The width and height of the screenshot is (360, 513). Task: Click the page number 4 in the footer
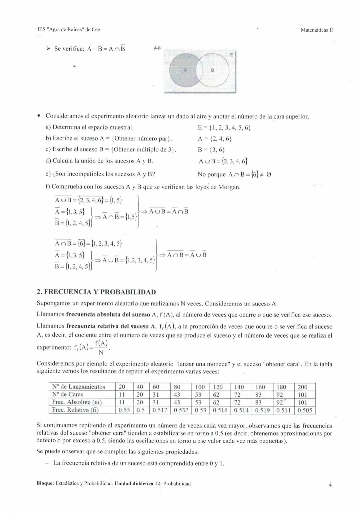330,484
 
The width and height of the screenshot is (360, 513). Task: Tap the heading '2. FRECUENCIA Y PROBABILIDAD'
96,292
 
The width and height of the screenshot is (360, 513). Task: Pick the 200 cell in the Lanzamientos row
302,387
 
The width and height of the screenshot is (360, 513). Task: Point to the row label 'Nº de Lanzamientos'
79,387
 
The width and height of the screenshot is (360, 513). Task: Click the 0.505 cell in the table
305,410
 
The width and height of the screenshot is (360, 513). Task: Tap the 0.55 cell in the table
124,410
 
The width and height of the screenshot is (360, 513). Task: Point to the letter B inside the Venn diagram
212,70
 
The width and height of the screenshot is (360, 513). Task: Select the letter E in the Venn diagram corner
232,55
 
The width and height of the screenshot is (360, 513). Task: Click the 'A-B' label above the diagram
157,48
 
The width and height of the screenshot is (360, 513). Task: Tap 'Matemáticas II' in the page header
317,30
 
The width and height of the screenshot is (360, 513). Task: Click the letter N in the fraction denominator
101,352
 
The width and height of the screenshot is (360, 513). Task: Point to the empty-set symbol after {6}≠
269,174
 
